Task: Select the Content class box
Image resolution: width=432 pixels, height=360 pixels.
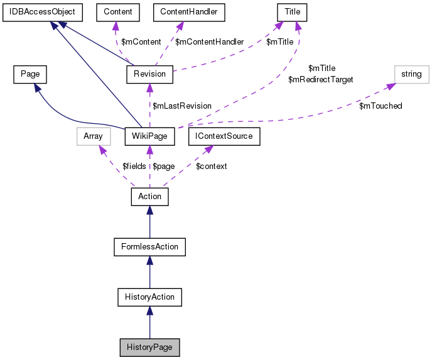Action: [x=114, y=12]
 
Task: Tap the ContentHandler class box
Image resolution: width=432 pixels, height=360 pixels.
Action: [x=189, y=12]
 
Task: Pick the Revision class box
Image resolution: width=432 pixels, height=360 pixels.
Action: [x=149, y=74]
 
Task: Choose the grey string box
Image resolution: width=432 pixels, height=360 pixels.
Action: [x=411, y=74]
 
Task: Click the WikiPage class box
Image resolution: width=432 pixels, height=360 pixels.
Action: [x=149, y=135]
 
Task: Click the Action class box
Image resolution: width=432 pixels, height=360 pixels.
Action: [x=149, y=196]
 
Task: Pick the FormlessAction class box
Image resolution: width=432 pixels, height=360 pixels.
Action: [x=149, y=246]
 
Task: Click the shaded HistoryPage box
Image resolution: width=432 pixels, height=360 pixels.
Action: [x=149, y=347]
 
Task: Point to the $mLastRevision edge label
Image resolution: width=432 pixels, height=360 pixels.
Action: [x=182, y=106]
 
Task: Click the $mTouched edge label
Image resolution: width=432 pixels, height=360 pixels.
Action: [x=381, y=106]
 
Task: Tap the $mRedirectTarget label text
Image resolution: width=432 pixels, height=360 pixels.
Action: [x=320, y=80]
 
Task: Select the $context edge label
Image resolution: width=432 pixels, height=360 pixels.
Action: [x=212, y=166]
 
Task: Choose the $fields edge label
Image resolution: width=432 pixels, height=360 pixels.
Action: [x=133, y=166]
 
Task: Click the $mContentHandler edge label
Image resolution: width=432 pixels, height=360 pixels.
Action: [x=209, y=41]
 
